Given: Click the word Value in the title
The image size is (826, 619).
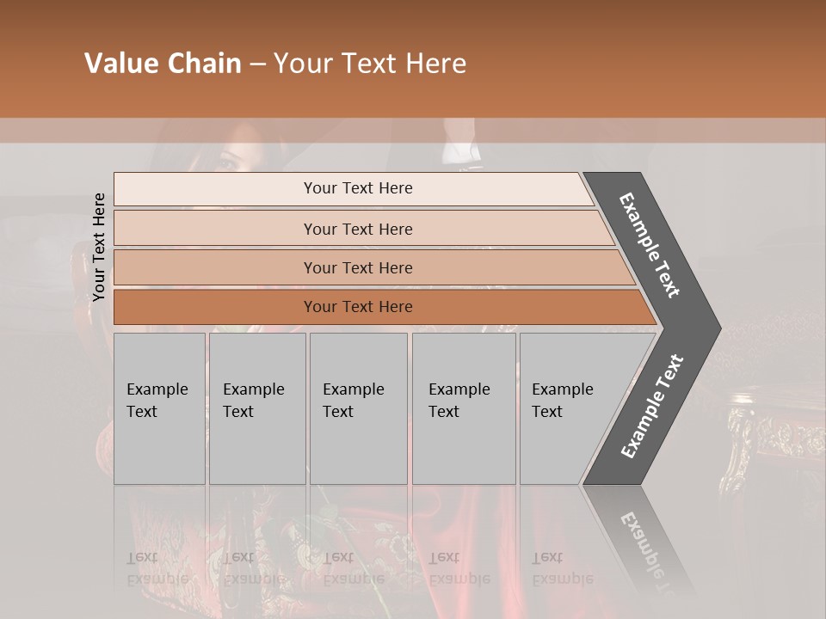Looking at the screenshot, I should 119,64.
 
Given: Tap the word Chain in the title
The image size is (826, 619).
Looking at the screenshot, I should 200,64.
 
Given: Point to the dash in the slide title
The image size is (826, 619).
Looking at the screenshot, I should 257,64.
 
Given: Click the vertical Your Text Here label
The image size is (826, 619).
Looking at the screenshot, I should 99,247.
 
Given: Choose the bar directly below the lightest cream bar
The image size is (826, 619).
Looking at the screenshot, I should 357,229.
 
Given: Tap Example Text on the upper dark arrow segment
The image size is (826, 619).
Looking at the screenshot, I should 650,245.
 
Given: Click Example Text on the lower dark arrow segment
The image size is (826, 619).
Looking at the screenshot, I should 652,407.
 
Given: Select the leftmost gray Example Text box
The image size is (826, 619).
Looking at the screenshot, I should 159,408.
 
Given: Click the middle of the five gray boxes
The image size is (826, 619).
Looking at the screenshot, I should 358,408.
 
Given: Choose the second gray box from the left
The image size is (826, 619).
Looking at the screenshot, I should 257,408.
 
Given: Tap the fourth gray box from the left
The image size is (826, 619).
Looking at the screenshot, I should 464,408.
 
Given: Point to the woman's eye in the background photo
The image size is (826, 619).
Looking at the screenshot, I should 228,160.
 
